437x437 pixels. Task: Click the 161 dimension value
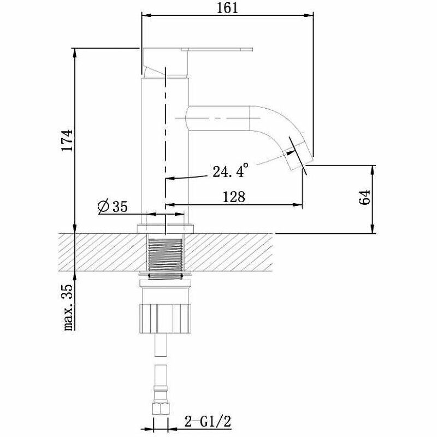tap(227, 8)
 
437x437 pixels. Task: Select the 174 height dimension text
tap(67, 140)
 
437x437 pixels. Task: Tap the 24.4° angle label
tap(230, 170)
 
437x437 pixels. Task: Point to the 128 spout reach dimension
tap(234, 197)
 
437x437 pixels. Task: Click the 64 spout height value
tap(364, 197)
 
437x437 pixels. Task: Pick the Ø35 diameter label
tap(113, 207)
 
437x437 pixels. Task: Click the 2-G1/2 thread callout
tap(208, 422)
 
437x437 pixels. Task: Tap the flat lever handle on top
tap(217, 50)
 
